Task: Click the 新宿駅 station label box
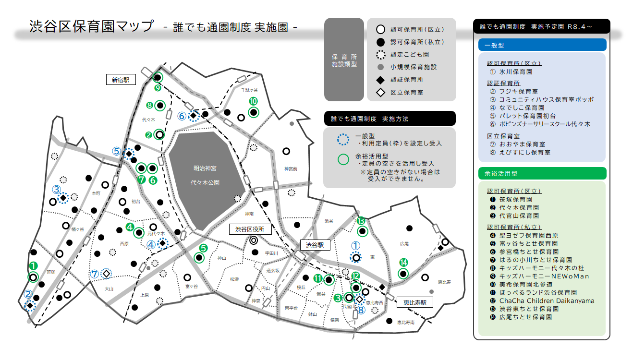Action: pos(121,80)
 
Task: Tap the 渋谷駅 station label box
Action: pos(316,245)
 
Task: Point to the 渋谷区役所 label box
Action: pos(250,229)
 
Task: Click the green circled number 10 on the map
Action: pos(254,101)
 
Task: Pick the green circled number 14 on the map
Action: pos(403,263)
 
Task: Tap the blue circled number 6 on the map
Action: pos(182,116)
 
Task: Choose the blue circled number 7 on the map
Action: pos(95,274)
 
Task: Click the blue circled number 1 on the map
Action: pos(355,245)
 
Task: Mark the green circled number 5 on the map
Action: pos(203,248)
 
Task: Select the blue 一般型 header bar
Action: pos(542,45)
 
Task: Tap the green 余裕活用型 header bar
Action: pos(542,173)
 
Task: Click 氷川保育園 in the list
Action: pos(516,72)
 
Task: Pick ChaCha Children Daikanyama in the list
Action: pos(547,301)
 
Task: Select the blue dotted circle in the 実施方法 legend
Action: pos(343,139)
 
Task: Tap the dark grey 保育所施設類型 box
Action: pos(344,60)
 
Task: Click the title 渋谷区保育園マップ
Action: pos(92,26)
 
